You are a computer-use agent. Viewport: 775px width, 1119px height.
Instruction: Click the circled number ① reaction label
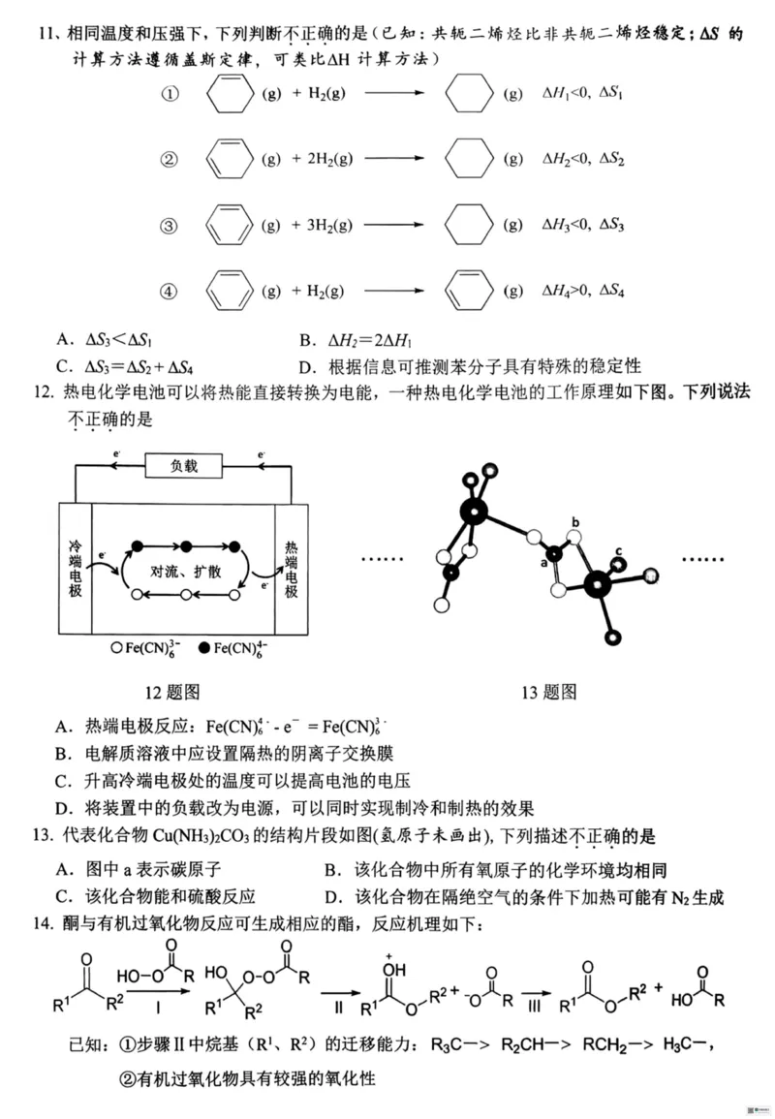point(170,95)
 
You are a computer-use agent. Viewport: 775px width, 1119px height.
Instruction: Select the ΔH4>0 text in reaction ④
point(567,291)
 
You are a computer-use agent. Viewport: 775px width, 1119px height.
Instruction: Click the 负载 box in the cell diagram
point(184,466)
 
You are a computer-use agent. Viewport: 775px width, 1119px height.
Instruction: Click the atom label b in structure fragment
point(575,523)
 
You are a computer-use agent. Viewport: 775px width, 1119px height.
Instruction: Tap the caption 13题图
point(549,692)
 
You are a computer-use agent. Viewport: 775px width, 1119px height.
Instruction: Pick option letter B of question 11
point(307,339)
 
